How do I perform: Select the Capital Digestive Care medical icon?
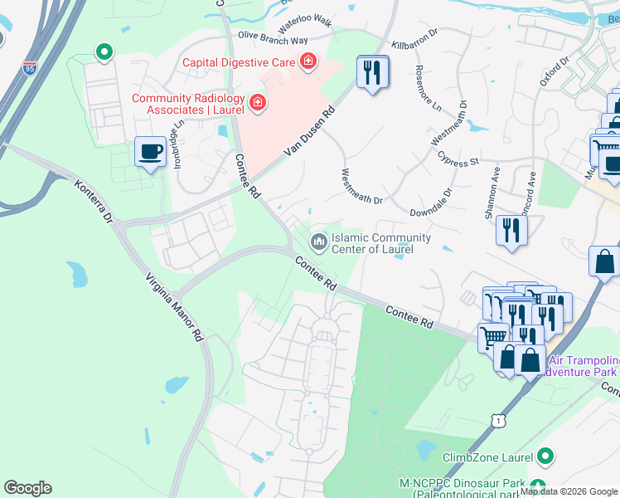tap(308, 61)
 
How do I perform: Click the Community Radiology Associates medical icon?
tap(258, 103)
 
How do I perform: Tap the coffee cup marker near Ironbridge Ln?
tap(150, 153)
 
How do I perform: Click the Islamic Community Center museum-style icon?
tap(317, 242)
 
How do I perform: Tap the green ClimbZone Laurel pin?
tap(545, 456)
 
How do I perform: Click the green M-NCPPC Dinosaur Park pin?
tap(538, 486)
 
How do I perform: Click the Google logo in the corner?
tap(27, 488)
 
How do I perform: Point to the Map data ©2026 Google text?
tap(569, 491)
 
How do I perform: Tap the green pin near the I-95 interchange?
tap(104, 54)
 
